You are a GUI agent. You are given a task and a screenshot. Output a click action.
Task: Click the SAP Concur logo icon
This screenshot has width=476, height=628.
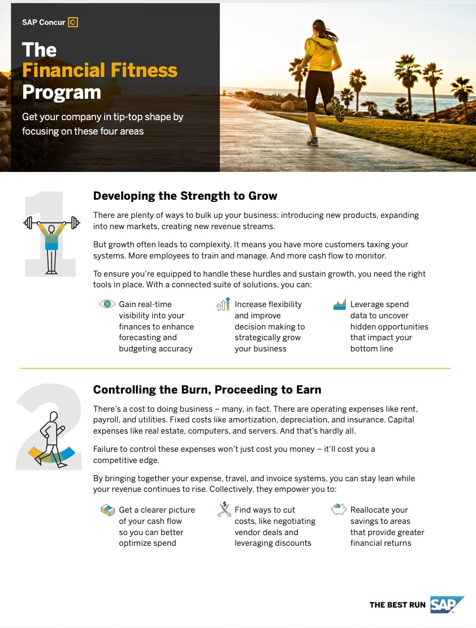73,22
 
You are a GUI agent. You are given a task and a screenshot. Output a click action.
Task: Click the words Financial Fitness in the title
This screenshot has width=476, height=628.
100,70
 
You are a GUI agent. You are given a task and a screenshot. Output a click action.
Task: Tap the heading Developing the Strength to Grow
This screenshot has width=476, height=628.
185,195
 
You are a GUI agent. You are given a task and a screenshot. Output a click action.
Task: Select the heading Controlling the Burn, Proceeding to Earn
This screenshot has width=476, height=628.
207,389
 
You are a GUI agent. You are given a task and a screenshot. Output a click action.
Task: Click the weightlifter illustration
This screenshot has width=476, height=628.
52,235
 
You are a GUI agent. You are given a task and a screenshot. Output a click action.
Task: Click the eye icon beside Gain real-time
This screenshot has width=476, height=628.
107,304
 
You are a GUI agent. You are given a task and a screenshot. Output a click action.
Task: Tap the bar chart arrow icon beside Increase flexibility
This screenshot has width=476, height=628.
223,304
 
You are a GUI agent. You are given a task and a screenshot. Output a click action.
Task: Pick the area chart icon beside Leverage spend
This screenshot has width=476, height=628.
339,304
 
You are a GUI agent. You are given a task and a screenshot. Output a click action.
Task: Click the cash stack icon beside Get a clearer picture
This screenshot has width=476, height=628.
107,510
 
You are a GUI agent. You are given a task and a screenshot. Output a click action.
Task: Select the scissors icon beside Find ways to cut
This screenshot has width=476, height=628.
224,509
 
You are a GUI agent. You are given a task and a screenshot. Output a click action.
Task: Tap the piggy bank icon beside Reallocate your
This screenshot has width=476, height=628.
339,509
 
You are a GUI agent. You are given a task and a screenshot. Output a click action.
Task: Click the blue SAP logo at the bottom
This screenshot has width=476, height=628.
447,604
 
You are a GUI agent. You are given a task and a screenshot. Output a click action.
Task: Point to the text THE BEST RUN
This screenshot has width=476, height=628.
398,605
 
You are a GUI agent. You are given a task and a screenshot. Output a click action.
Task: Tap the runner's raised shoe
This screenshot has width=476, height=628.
337,109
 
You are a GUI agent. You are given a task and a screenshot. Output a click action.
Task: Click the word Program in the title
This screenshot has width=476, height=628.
61,92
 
